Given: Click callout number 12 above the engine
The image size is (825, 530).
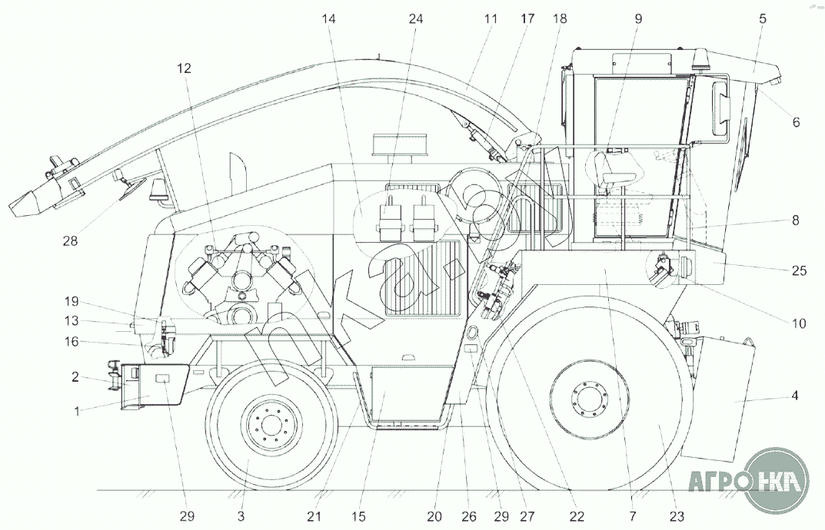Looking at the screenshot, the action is pos(184,68).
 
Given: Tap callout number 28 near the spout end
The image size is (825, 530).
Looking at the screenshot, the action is pos(70,241).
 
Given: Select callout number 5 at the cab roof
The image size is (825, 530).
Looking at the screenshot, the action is pos(763,19).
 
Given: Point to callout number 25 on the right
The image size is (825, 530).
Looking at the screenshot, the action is pos(799,270).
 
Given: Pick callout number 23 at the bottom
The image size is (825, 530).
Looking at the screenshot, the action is pos(677,516).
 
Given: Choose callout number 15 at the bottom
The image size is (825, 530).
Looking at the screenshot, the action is pos(358,516).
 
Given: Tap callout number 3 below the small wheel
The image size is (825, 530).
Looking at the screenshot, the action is pos(241,516).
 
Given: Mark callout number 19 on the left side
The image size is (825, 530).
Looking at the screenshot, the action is pos(72,302).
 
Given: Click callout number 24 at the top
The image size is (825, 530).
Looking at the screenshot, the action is pos(416,19).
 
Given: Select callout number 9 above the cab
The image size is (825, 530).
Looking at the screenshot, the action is pos(637,19).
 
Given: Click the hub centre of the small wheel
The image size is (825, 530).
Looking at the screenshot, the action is pos(271,425).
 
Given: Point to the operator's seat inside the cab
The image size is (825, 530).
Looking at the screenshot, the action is pos(614,168).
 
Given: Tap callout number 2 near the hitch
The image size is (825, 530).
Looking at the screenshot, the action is pos(75,377).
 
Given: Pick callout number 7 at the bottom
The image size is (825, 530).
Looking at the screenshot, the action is pos(633,516).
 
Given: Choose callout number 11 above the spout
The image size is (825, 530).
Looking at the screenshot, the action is pos(491,19).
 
